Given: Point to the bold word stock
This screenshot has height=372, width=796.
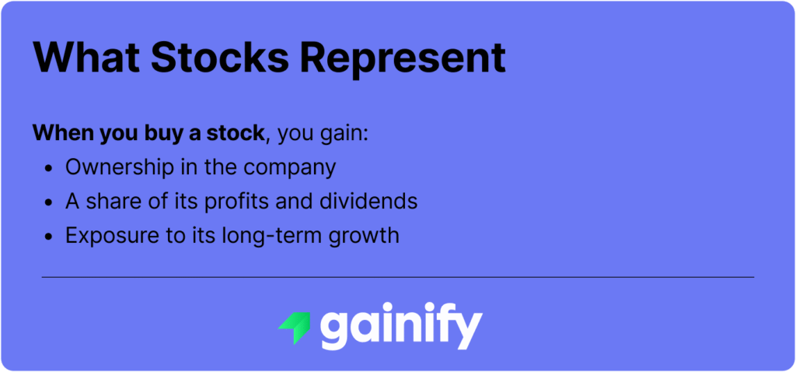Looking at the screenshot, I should click(231, 133).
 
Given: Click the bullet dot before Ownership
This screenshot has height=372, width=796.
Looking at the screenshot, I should click(50, 168).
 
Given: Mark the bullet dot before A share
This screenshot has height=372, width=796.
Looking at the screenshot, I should click(50, 202).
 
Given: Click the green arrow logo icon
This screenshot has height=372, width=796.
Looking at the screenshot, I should click(295, 327).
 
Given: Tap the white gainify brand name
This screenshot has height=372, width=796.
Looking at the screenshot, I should click(401, 327).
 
